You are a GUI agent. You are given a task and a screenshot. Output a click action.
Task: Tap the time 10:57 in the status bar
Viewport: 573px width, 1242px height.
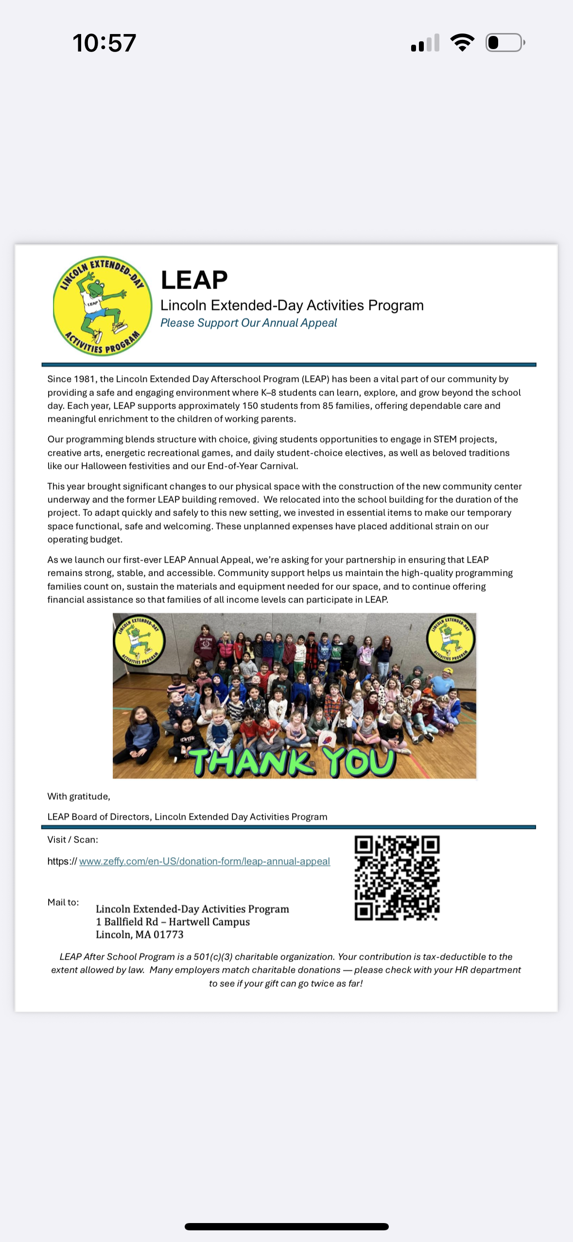104,43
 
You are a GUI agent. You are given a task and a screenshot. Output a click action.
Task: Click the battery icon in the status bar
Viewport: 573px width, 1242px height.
504,43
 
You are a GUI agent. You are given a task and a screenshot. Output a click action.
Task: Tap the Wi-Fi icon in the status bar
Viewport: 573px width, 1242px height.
462,43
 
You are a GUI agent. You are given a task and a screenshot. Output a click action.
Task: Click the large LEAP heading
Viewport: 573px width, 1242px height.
194,280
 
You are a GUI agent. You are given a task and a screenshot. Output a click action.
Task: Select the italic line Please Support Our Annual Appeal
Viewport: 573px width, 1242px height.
248,323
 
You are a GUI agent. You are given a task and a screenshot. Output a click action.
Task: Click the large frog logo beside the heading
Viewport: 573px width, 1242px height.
102,306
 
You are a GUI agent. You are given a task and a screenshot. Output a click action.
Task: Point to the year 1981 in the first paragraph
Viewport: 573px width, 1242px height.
84,379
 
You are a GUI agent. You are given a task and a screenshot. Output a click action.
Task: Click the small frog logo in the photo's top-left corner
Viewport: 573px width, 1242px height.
139,640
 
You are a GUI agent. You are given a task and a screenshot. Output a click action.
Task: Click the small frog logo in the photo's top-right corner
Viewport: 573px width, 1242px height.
451,638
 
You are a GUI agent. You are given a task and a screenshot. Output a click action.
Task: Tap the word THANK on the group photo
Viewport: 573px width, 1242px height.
251,762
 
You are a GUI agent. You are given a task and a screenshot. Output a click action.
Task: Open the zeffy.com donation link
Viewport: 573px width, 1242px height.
204,862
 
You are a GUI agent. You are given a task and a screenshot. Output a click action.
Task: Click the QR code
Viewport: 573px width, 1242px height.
397,878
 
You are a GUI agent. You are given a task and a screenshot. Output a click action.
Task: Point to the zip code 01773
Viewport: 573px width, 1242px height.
168,934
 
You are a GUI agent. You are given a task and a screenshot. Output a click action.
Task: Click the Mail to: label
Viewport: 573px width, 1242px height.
63,902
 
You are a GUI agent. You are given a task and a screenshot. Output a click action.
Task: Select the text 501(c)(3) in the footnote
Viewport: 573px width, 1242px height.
213,957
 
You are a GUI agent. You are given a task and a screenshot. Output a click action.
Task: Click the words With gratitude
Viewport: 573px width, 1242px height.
79,796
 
